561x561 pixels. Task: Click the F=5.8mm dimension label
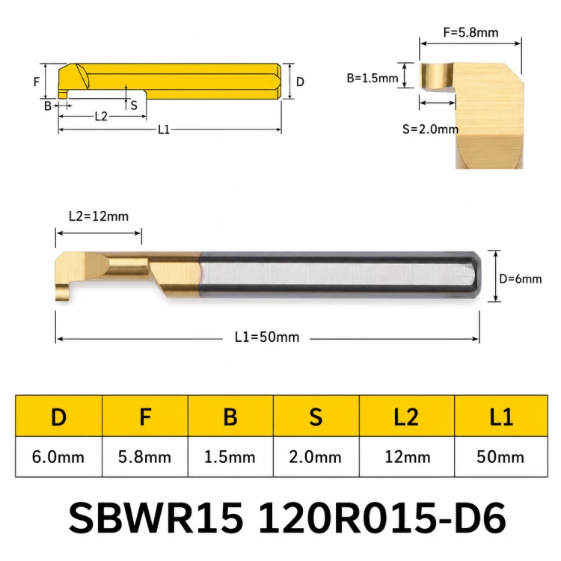point(470,33)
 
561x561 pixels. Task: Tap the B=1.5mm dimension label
point(372,78)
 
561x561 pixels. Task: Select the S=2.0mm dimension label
point(430,129)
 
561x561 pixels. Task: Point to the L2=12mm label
point(99,216)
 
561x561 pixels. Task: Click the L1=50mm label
point(267,337)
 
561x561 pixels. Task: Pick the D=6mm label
point(520,279)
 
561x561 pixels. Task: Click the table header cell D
point(58,416)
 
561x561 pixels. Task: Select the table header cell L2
point(406,416)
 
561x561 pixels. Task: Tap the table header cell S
point(316,416)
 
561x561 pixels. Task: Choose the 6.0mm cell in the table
point(58,457)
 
